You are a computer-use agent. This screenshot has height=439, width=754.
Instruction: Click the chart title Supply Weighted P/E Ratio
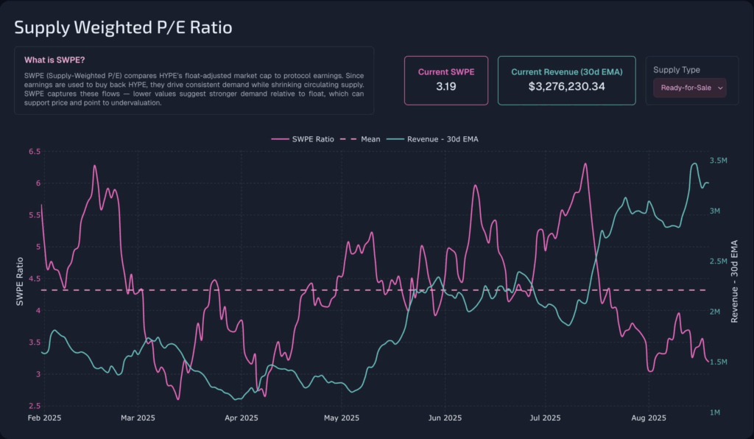coord(124,28)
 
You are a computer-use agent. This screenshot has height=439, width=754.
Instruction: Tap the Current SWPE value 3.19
coord(445,86)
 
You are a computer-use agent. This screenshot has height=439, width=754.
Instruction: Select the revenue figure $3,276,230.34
coord(567,86)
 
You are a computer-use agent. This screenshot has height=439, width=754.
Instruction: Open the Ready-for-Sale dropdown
coord(689,88)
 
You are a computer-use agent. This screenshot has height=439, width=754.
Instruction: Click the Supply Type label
coord(676,70)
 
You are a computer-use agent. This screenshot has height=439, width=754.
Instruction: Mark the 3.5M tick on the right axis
coord(718,161)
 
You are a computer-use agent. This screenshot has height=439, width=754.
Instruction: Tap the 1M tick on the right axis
coord(714,412)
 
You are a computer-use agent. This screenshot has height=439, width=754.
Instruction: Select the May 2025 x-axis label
coord(341,419)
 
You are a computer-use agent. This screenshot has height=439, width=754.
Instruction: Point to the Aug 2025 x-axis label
coord(649,419)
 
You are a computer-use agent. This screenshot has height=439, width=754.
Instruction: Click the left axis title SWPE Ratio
coord(21,281)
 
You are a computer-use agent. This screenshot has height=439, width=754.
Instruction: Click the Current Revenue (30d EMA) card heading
coord(566,71)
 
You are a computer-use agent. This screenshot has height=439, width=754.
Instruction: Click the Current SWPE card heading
coord(445,71)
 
